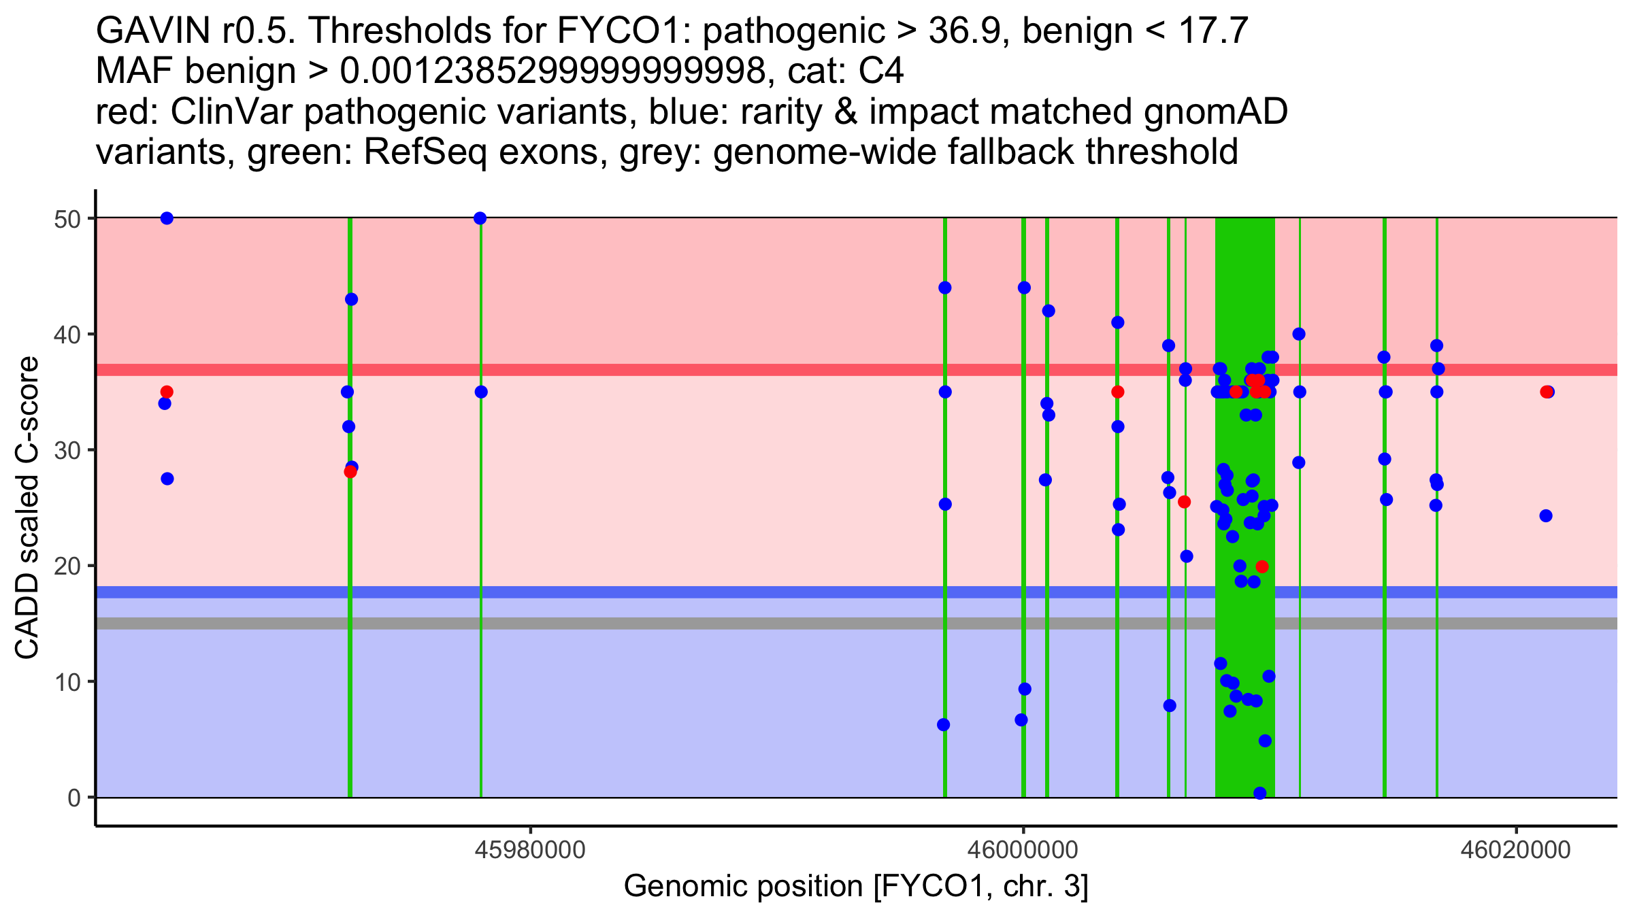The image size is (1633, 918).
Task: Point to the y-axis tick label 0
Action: (x=73, y=798)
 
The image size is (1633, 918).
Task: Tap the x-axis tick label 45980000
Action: (x=530, y=851)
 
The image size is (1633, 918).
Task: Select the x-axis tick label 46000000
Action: (x=1023, y=851)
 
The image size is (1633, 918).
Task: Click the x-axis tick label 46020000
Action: (x=1516, y=851)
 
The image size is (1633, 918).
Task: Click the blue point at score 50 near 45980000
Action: (x=480, y=218)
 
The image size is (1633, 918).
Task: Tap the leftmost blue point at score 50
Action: (x=167, y=218)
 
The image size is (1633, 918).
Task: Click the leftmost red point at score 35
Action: (x=167, y=392)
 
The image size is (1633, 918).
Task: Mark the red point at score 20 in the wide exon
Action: (x=1262, y=566)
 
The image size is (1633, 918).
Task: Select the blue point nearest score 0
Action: (x=1260, y=793)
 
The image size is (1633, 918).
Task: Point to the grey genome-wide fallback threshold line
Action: (x=680, y=624)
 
